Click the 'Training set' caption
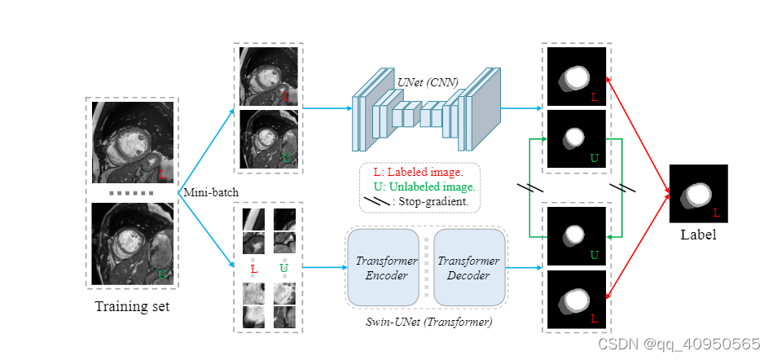point(132,307)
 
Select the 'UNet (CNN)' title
point(428,81)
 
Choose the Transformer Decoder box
point(468,268)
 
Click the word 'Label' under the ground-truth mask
point(698,235)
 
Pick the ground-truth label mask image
point(698,194)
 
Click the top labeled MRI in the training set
point(132,143)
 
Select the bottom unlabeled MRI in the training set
point(132,244)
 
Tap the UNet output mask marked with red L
point(577,77)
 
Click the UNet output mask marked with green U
point(577,138)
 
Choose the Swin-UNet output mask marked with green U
point(577,236)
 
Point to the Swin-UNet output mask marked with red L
point(577,299)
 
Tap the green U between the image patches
point(283,268)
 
